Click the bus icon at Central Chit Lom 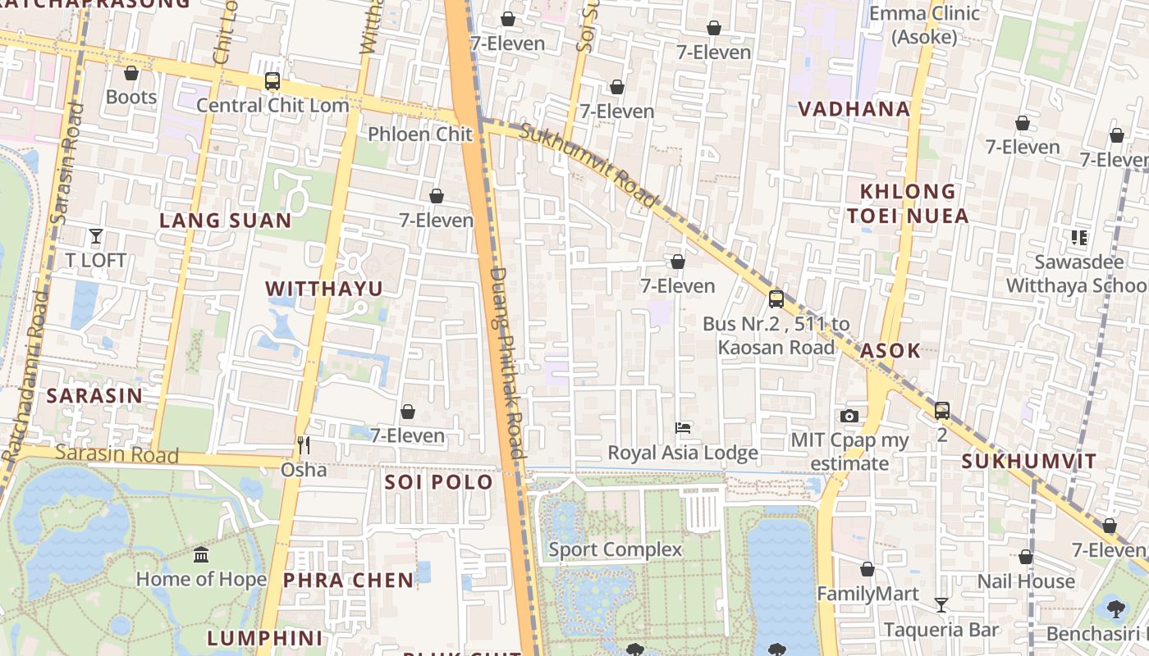[272, 81]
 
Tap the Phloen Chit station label [420, 134]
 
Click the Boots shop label [131, 97]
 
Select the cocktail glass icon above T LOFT [96, 236]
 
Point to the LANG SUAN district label [226, 221]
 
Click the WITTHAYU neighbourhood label [325, 289]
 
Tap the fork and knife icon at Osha [304, 445]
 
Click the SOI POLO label [438, 482]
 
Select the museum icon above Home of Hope [201, 555]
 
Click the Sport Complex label [616, 549]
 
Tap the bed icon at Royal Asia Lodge [683, 428]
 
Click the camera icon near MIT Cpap [849, 417]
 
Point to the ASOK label [890, 351]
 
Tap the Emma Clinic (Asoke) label [924, 25]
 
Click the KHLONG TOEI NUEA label [908, 203]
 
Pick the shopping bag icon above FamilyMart [867, 569]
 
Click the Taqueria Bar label [941, 630]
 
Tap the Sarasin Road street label [117, 453]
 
